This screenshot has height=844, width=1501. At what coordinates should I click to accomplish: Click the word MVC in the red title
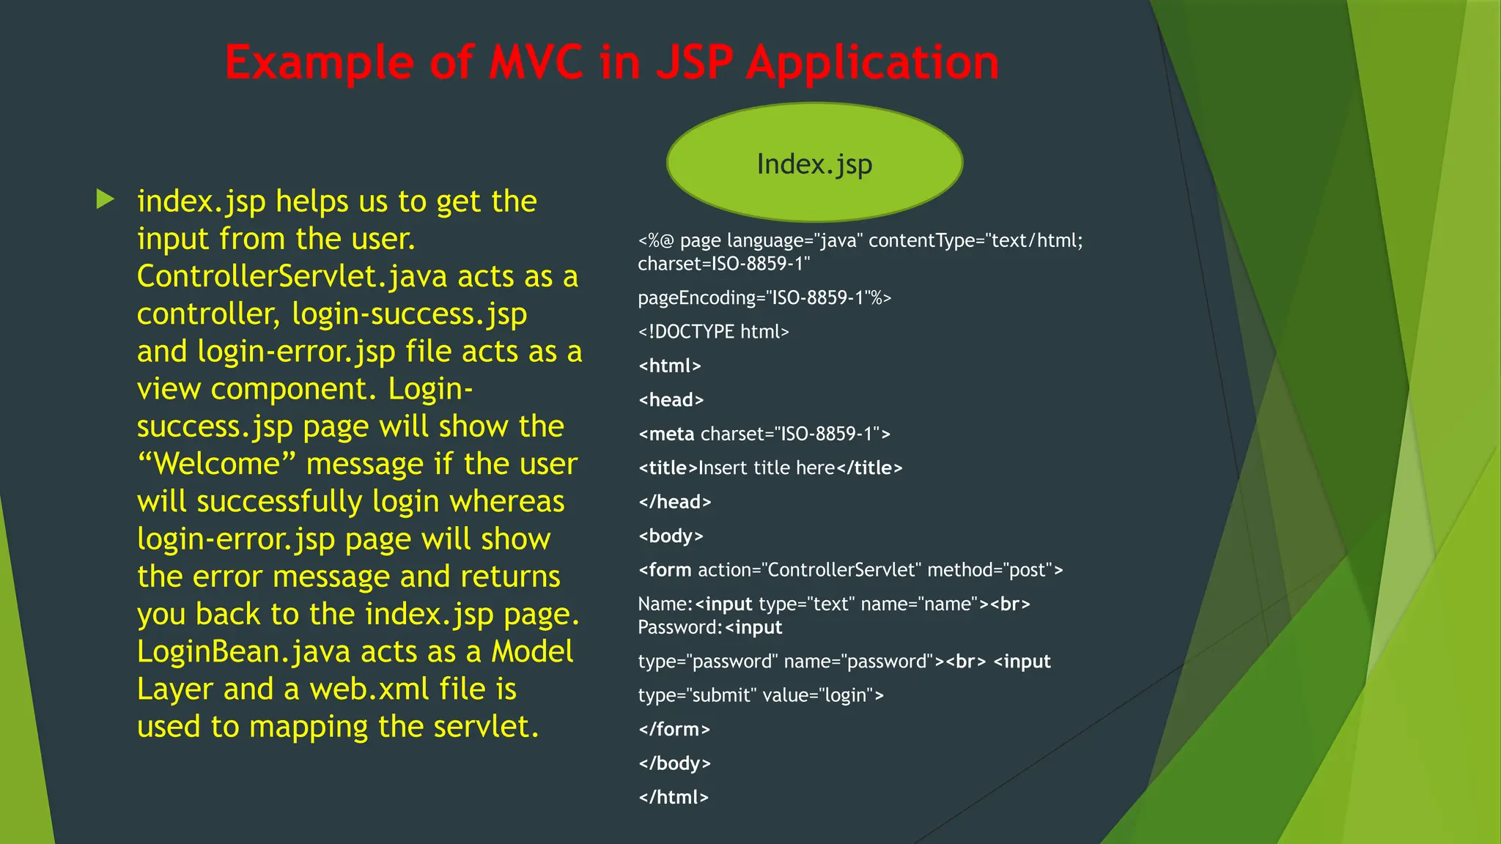point(536,63)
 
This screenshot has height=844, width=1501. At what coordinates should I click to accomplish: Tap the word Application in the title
point(872,63)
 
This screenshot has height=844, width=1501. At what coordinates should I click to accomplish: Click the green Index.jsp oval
point(814,163)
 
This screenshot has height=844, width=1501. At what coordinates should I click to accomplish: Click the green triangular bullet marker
point(106,199)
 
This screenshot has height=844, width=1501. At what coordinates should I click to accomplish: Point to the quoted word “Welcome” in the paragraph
point(216,464)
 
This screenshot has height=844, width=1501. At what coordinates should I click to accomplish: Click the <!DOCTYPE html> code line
point(713,332)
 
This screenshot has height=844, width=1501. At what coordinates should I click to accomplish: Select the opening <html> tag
point(670,366)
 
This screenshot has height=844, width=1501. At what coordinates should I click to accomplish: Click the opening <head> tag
point(671,400)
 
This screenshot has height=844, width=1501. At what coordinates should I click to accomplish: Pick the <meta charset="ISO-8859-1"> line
point(764,434)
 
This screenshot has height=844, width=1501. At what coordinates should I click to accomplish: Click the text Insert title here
point(767,468)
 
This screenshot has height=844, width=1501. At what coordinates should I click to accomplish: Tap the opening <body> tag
point(671,536)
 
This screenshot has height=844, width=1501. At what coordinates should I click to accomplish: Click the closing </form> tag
point(674,730)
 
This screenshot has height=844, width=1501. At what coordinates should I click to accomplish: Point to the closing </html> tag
point(674,798)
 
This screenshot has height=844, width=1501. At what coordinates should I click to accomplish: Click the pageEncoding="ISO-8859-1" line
point(764,298)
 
